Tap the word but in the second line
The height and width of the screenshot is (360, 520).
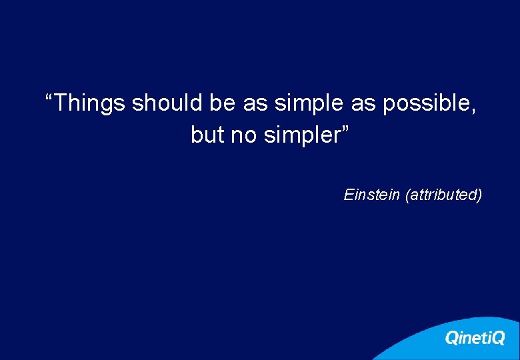[207, 135]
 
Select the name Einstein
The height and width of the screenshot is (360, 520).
[372, 195]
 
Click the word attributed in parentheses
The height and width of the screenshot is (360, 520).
[443, 195]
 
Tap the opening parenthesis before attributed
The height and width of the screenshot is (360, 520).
[407, 195]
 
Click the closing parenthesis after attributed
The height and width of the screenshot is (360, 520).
[479, 195]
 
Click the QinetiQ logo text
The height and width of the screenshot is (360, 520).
[475, 338]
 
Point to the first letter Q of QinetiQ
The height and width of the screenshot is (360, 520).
[452, 338]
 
